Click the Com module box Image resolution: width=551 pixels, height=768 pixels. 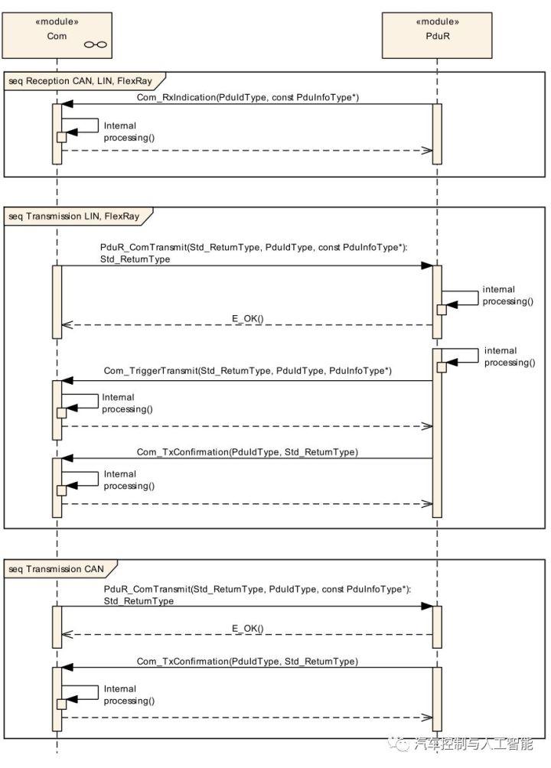tap(57, 36)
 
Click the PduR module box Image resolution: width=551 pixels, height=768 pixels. tap(437, 36)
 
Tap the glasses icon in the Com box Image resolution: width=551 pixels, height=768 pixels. tap(95, 45)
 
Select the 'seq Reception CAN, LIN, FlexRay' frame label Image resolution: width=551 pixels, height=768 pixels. tap(80, 81)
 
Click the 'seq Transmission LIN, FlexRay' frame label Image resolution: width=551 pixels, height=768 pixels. tap(74, 216)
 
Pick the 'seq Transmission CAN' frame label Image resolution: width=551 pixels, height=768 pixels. tap(57, 568)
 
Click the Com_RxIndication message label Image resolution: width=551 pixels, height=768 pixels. tap(247, 97)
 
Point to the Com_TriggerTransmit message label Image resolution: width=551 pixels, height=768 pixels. tap(247, 371)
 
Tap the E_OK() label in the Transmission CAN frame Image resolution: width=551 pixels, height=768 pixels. tap(247, 628)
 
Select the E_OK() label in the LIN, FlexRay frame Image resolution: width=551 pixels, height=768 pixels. tap(247, 318)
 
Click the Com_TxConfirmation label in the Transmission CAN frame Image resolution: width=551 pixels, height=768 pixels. tap(247, 661)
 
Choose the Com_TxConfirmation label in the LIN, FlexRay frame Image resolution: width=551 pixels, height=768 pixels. tap(247, 451)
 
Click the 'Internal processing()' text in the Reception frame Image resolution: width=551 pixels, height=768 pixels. tap(129, 132)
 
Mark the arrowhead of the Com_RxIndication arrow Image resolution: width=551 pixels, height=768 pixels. tap(67, 104)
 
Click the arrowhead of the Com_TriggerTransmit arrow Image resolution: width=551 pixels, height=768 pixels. tap(67, 381)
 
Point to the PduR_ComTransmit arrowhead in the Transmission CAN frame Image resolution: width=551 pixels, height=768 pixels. tap(427, 607)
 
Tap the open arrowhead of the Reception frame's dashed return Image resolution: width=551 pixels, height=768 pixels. tap(427, 151)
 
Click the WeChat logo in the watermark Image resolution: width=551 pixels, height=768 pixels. tap(399, 744)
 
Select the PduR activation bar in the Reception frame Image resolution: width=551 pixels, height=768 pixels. tap(437, 134)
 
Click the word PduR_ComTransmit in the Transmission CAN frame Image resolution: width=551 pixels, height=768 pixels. tap(146, 589)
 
